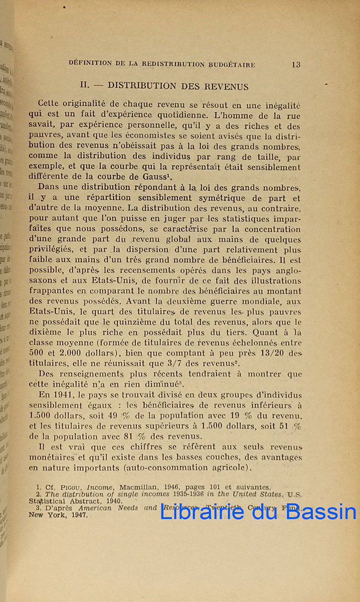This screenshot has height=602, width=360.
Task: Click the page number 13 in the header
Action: coord(295,64)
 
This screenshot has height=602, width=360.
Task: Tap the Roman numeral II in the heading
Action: coord(84,86)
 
